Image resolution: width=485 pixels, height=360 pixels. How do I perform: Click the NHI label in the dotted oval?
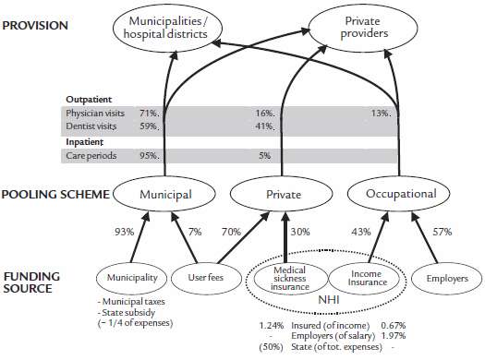329,300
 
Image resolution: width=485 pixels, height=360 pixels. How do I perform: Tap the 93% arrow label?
125,232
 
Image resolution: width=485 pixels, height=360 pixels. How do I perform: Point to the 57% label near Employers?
442,232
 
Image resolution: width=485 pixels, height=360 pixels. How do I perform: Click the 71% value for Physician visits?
149,114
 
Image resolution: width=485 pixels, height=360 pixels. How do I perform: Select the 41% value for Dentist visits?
265,126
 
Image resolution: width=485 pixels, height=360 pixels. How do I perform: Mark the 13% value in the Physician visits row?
381,114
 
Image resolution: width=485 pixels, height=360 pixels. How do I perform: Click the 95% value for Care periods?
149,155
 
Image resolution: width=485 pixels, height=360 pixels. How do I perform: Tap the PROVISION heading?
35,26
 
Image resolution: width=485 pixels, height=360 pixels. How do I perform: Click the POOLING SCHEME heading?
55,195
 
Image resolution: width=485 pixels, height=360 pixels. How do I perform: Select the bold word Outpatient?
89,100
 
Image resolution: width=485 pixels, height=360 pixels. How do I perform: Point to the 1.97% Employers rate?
394,336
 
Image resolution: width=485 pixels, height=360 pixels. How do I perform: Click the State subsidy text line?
127,313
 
